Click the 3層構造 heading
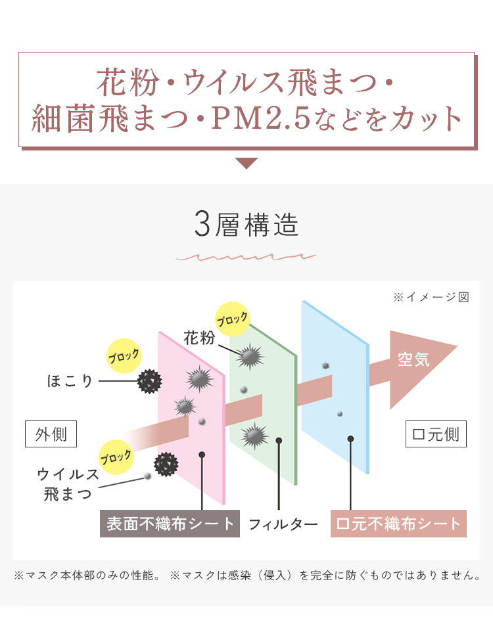[246, 225]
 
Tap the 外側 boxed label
[51, 434]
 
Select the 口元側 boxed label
[436, 434]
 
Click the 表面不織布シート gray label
[170, 524]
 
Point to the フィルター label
[283, 524]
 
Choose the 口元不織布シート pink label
[398, 524]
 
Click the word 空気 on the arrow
[413, 359]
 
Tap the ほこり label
[70, 380]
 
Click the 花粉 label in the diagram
[199, 338]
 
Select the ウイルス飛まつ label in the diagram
[68, 484]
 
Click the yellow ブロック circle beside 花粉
[232, 319]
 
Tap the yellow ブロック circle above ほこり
[124, 356]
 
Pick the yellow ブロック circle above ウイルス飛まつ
[116, 457]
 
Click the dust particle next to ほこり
[150, 381]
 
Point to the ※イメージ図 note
[431, 297]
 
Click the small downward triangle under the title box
[246, 163]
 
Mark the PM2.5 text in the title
[261, 118]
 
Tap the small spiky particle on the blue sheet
[325, 366]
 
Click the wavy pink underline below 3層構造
[246, 257]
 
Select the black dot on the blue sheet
[350, 439]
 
